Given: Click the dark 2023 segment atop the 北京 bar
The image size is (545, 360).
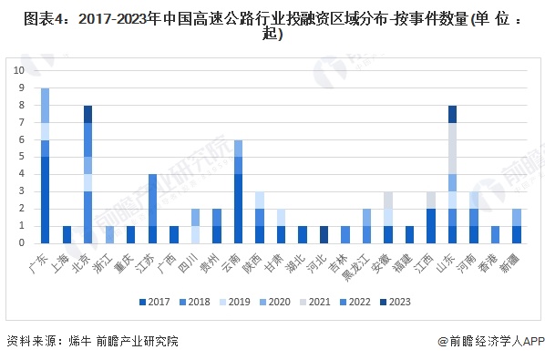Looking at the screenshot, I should tap(88, 113).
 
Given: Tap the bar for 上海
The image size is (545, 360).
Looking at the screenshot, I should tap(67, 234).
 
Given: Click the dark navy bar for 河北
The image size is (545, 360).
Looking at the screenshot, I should tap(324, 234).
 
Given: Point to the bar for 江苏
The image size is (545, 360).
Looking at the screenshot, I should tap(153, 208).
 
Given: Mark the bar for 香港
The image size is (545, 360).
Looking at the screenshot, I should tap(495, 234).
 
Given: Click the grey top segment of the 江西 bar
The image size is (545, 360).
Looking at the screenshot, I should tap(431, 200).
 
